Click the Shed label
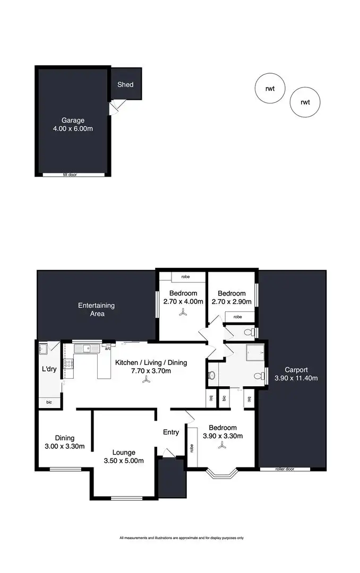125,84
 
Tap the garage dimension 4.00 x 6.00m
73,129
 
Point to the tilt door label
69,175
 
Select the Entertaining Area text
96,309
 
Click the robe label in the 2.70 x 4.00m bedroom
186,276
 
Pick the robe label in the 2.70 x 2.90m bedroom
237,317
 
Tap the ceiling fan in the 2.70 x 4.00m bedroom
183,314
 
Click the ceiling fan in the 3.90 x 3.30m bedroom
222,447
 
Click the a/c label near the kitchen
108,349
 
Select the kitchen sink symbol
85,349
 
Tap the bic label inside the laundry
49,402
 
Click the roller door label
285,470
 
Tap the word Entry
171,432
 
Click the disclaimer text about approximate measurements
182,538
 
